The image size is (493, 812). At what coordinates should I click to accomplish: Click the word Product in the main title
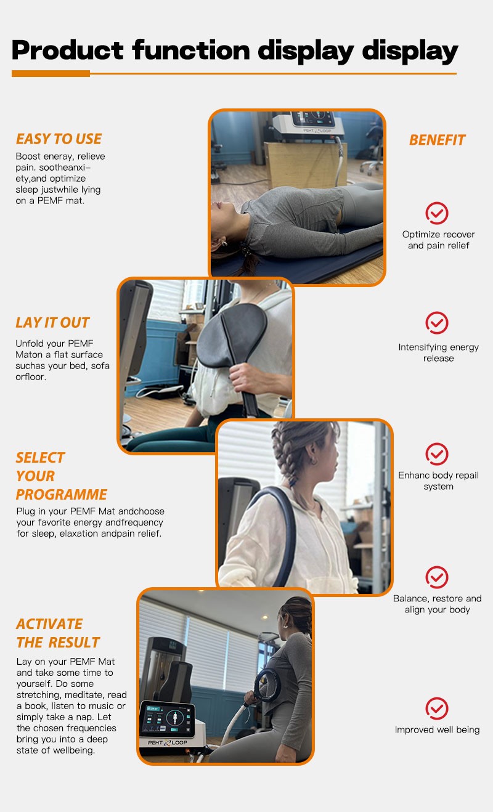point(68,50)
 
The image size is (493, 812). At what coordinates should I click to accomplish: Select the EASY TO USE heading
point(59,139)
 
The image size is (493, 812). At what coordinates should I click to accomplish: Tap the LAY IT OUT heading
point(52,322)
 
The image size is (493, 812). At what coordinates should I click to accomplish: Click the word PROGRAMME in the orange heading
point(61,495)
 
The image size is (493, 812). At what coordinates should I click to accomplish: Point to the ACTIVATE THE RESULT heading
point(58,633)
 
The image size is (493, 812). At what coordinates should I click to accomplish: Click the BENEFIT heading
point(437,140)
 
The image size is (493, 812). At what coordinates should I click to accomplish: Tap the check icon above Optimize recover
point(437,213)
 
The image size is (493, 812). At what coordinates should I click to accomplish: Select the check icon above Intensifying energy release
point(437,323)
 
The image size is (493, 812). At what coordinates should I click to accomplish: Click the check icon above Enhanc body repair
point(437,453)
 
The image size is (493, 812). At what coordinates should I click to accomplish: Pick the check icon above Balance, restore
point(437,577)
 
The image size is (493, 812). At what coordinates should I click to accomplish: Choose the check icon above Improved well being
point(437,708)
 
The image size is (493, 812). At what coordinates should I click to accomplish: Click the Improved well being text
point(437,729)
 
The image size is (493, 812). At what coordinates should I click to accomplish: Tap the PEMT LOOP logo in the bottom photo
point(168,743)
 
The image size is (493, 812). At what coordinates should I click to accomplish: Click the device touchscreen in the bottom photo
point(168,719)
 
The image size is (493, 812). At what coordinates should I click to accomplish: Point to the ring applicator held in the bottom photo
point(267,684)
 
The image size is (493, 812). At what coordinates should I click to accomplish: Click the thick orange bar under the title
point(51,73)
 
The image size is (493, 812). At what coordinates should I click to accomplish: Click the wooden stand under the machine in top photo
point(304,165)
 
